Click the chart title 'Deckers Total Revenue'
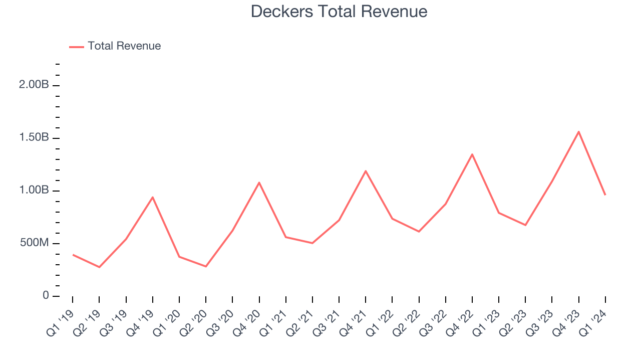(339, 12)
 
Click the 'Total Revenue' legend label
(124, 46)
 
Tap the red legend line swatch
(77, 47)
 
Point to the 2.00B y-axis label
(34, 85)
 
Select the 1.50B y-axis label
(34, 138)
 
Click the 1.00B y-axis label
(34, 191)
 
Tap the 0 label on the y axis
(46, 296)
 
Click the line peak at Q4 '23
(579, 132)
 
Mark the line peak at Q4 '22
(472, 154)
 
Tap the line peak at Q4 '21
(366, 171)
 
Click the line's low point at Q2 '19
(99, 267)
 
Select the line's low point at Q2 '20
(206, 266)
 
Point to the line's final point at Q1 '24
(605, 195)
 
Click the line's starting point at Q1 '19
(73, 255)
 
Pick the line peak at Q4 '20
(259, 183)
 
